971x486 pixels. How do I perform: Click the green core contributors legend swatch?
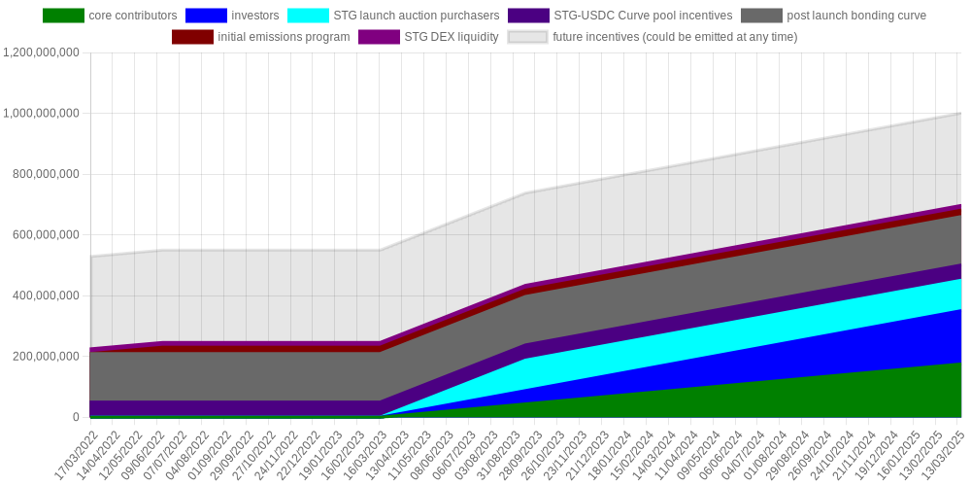(x=63, y=16)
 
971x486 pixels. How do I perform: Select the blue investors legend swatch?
(x=206, y=16)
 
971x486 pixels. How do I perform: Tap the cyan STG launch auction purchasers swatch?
(x=308, y=16)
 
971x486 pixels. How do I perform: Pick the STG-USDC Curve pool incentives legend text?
(x=644, y=16)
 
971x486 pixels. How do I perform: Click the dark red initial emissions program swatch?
(x=192, y=37)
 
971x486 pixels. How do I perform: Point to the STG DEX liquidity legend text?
(x=452, y=37)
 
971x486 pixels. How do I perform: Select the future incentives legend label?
(x=675, y=37)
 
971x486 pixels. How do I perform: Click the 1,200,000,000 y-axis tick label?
(x=42, y=52)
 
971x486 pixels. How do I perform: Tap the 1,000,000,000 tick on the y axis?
(x=42, y=114)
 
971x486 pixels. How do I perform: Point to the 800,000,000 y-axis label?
(x=47, y=174)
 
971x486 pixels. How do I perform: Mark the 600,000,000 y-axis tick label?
(x=47, y=235)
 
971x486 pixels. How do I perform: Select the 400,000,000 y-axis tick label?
(x=47, y=295)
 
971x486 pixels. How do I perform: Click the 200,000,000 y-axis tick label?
(x=47, y=357)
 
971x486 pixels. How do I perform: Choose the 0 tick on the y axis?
(x=77, y=417)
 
